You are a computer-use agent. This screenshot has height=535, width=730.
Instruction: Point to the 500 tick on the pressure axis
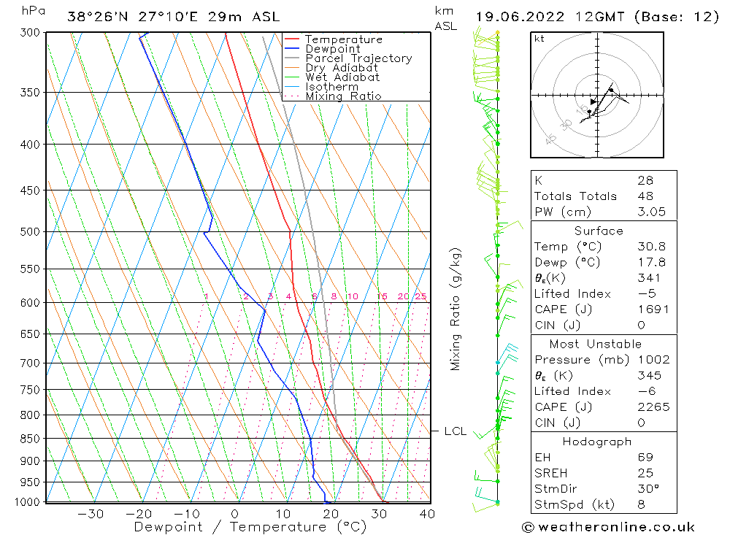[31, 232]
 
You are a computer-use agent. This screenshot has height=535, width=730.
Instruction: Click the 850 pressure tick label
[31, 439]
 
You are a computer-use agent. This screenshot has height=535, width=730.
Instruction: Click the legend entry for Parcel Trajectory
[358, 58]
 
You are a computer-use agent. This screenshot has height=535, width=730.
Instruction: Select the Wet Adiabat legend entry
[342, 77]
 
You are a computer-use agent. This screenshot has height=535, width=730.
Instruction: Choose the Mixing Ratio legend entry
[343, 96]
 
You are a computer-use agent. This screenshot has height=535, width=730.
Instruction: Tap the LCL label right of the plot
[455, 431]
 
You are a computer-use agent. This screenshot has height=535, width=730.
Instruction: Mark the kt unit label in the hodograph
[539, 39]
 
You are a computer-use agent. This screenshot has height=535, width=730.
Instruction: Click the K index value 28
[645, 180]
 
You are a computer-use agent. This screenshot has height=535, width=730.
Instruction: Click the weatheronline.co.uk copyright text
[608, 526]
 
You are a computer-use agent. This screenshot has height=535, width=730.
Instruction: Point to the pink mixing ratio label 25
[420, 296]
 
